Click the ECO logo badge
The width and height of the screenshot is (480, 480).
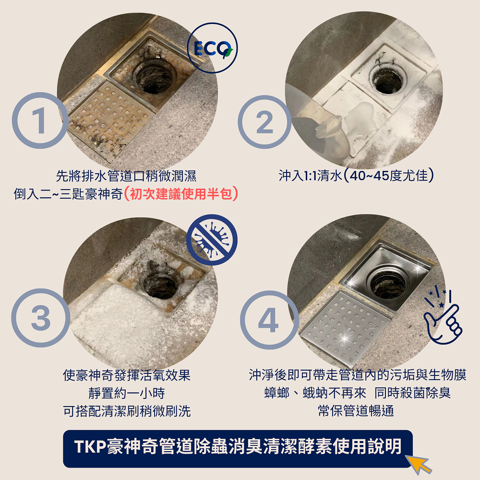tap(212, 48)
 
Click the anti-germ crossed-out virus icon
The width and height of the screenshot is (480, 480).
tap(212, 240)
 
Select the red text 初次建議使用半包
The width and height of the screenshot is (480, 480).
tap(180, 194)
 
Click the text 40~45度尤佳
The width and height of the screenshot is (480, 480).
tap(388, 175)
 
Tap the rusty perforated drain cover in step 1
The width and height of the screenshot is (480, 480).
tap(110, 120)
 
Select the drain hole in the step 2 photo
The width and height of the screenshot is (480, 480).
tap(387, 80)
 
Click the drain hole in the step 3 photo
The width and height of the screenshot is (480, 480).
tap(160, 285)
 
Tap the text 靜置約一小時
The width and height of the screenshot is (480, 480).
tap(127, 393)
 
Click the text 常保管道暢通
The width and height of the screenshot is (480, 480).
tap(356, 410)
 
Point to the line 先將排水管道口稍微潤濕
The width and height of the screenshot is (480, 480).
tap(126, 176)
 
